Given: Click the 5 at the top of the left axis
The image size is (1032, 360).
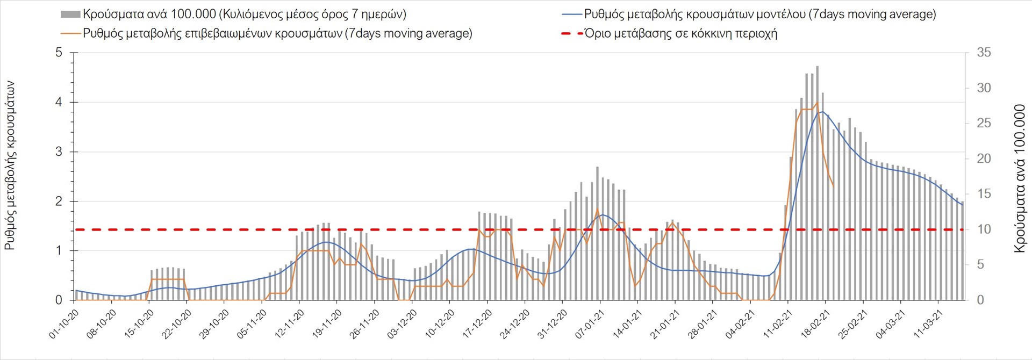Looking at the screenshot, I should (x=59, y=53).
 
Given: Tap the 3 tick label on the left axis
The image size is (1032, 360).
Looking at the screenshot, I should (x=59, y=152).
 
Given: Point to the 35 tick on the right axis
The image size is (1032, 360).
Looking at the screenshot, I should (x=984, y=53).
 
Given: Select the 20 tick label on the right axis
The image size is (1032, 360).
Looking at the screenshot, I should (x=984, y=159).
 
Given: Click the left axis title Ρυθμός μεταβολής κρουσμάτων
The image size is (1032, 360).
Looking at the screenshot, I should (x=10, y=165).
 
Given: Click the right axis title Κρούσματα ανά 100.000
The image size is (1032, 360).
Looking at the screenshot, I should (x=1020, y=178).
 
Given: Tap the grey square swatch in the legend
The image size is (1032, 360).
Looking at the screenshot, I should (x=71, y=15).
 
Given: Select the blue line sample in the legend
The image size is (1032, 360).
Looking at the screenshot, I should (x=572, y=15).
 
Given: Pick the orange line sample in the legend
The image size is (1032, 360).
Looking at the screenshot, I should (x=71, y=33).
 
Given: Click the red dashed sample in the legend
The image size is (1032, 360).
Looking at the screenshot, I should (x=572, y=33).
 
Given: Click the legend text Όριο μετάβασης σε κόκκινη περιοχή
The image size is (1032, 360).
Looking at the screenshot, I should (x=680, y=33).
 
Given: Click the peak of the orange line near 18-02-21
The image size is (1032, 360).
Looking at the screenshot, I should (x=817, y=103).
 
